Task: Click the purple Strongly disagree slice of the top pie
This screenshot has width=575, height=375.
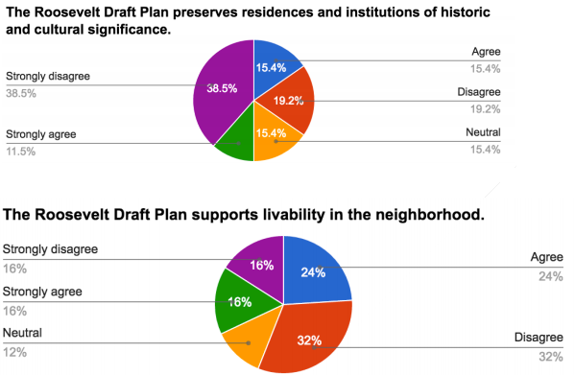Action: click(x=223, y=96)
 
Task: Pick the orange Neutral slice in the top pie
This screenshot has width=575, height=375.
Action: click(x=272, y=140)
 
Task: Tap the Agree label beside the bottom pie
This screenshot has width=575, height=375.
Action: click(x=547, y=258)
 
